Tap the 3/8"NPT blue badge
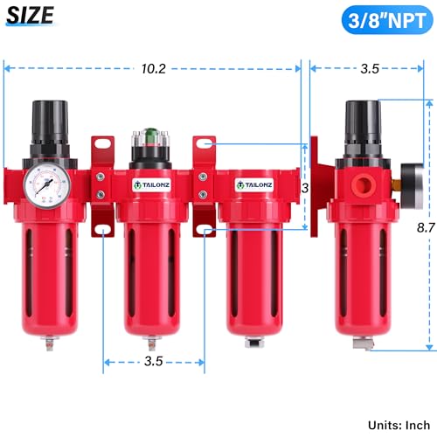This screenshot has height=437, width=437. click(383, 17)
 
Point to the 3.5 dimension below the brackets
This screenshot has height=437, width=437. click(154, 359)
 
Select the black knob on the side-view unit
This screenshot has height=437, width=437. click(361, 121)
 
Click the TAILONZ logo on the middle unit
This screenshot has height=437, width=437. click(151, 184)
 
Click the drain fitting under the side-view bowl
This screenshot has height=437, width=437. click(358, 342)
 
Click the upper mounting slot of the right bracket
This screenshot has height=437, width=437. click(205, 143)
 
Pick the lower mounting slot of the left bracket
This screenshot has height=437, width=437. click(103, 230)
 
